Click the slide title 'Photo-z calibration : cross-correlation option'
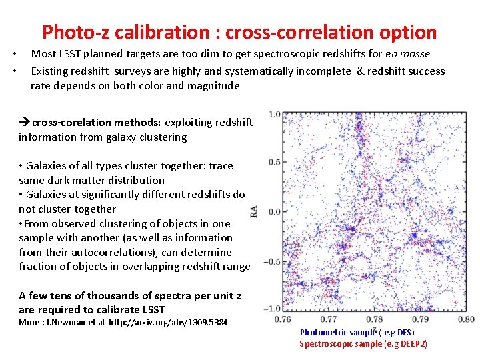[x=239, y=32]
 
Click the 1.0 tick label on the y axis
[x=274, y=115]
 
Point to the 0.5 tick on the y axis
[x=274, y=162]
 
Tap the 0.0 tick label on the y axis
[x=274, y=212]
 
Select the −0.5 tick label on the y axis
[x=272, y=261]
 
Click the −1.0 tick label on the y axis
[x=272, y=309]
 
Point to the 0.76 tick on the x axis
[x=283, y=319]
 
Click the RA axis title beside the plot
[x=254, y=212]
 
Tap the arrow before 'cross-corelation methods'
[x=25, y=122]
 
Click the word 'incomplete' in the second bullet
[x=325, y=71]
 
